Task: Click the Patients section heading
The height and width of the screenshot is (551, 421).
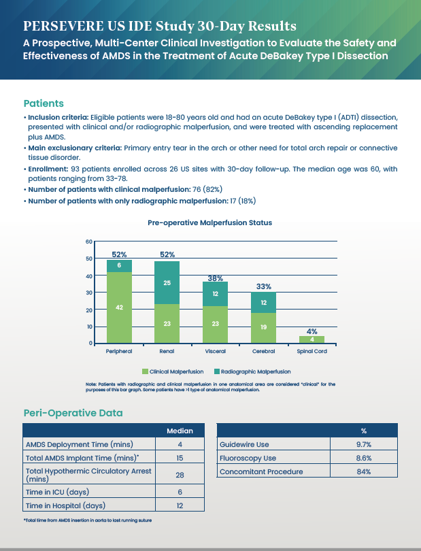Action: coord(44,103)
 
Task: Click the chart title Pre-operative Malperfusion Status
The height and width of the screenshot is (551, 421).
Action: coord(210,222)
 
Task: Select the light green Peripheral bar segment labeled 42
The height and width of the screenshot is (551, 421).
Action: coord(119,307)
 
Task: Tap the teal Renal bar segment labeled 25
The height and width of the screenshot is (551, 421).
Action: coord(167,282)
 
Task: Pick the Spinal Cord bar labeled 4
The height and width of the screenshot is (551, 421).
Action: coord(311,339)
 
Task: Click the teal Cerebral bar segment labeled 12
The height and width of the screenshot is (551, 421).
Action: coord(264,302)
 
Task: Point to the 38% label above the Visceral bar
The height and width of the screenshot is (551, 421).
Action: coord(215,278)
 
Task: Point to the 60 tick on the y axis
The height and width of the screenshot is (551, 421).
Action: coord(88,241)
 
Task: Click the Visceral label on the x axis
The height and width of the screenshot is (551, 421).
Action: coord(215,352)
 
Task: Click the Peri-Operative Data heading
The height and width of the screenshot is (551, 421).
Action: coord(73,412)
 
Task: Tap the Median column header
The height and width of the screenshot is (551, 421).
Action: coord(180,431)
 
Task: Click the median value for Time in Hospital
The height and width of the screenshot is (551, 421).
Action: coord(180,506)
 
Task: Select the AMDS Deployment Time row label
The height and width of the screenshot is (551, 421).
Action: coord(69,444)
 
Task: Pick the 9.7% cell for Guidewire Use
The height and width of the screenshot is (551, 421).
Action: coord(363,444)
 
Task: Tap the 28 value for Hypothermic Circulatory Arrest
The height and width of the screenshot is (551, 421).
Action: coord(180,475)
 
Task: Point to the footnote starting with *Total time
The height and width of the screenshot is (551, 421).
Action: coord(87,520)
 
